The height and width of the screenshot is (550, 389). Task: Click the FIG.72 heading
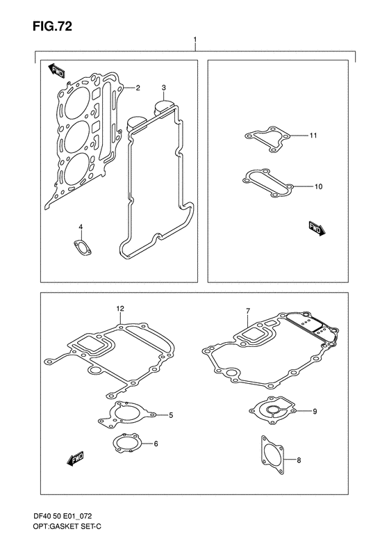point(53,26)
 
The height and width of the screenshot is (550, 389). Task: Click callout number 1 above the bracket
point(195,39)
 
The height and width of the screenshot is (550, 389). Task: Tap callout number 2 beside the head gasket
point(138,88)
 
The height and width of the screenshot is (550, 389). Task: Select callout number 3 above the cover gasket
point(164,88)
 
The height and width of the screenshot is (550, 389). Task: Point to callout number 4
point(81,227)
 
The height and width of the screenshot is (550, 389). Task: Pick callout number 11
point(313,135)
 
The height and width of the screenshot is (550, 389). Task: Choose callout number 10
point(318,186)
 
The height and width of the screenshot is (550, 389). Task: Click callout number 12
point(120,309)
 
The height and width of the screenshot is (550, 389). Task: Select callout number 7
point(248,310)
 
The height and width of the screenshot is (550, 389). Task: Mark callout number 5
point(171,415)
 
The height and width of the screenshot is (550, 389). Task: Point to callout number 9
point(315,411)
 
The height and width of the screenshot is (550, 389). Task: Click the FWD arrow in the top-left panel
point(56,71)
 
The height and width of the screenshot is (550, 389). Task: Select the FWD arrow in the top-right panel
point(317,229)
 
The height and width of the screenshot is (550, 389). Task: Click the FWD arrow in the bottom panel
point(75,459)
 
